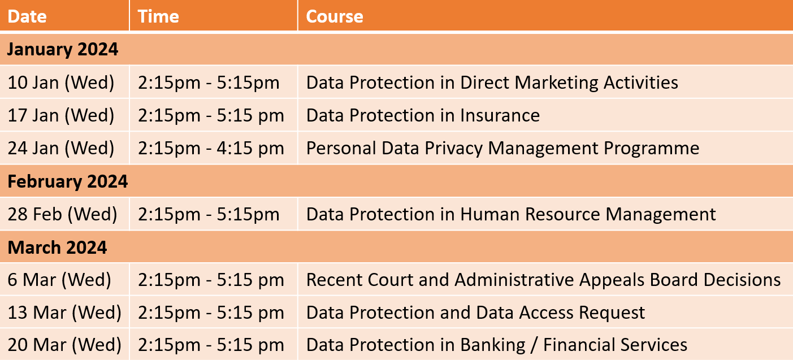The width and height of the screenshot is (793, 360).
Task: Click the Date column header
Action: [x=27, y=16]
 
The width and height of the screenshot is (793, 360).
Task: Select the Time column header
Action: [x=158, y=16]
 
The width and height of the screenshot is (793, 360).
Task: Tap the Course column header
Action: [x=335, y=16]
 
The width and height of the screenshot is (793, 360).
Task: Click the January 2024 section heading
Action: [x=63, y=49]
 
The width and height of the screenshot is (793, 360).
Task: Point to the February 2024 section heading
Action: [x=68, y=181]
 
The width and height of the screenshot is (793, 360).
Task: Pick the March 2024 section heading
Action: [x=57, y=247]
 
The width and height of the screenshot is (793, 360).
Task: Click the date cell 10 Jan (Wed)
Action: [x=61, y=83]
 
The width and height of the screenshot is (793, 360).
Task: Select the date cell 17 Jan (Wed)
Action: [x=61, y=115]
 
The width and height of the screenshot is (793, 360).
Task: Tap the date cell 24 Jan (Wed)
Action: [x=61, y=148]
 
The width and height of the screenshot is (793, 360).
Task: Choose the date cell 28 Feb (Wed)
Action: [x=62, y=214]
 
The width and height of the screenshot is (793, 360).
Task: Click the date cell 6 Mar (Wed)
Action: [x=59, y=280]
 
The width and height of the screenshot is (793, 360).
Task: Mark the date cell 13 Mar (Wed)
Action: [x=64, y=313]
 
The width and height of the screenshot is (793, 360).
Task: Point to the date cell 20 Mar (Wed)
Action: [x=64, y=345]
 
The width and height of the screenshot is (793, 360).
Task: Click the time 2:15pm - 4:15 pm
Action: [x=211, y=148]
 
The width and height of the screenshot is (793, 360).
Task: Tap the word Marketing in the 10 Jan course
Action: [x=556, y=83]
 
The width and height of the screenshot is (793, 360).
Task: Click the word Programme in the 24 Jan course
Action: [x=651, y=148]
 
